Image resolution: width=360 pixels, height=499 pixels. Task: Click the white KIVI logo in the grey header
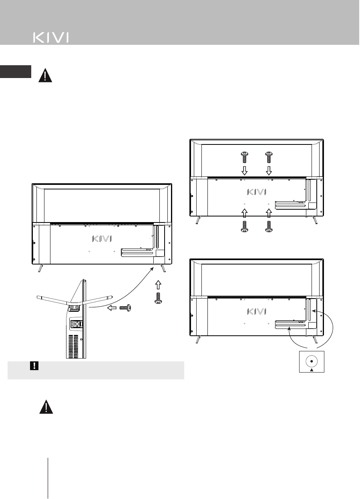(x=50, y=38)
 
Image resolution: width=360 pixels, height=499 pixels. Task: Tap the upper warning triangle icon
(x=45, y=76)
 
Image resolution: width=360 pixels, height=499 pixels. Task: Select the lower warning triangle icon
(x=47, y=407)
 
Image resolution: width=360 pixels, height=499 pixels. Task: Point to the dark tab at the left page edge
(x=15, y=71)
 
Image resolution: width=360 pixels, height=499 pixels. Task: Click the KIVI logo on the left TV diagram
(x=102, y=238)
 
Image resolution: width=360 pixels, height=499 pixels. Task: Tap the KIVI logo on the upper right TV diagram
(x=256, y=192)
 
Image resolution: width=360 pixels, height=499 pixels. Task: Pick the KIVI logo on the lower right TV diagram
(x=256, y=311)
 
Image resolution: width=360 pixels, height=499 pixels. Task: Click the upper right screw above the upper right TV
(x=269, y=157)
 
